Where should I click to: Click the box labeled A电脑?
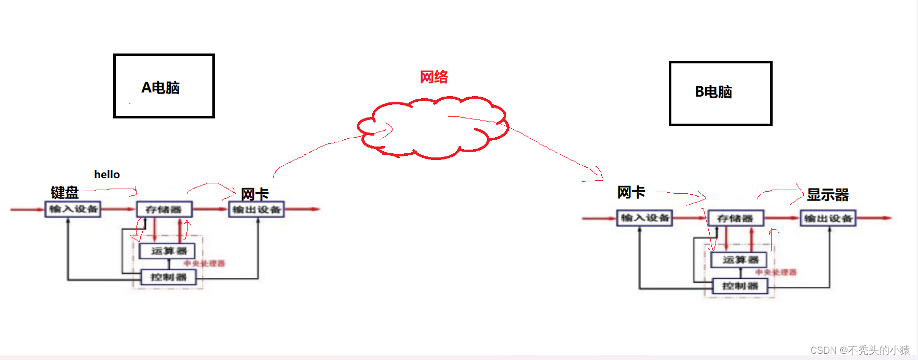pos(164,86)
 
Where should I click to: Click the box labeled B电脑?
pos(720,94)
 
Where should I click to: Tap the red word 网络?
pos(434,77)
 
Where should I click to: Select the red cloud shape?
pos(434,127)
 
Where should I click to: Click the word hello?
pos(107,175)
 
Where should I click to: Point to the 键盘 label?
pos(65,193)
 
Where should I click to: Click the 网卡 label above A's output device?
pos(254,194)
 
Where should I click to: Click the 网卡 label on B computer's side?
pos(631,192)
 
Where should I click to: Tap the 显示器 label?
pos(828,195)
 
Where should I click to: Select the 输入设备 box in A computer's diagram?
pos(73,209)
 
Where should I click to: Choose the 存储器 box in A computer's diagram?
pos(164,209)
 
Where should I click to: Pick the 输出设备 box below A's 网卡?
pos(256,209)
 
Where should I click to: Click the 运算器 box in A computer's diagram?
pos(168,251)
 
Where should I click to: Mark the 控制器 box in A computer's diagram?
pos(168,277)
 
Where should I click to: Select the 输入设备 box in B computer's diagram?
pos(644,218)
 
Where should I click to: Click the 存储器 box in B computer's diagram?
pos(736,218)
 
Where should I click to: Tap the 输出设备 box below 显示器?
pos(828,218)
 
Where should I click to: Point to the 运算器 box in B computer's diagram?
pos(740,260)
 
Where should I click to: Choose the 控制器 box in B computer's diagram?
pos(740,286)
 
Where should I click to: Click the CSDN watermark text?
pos(860,350)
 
